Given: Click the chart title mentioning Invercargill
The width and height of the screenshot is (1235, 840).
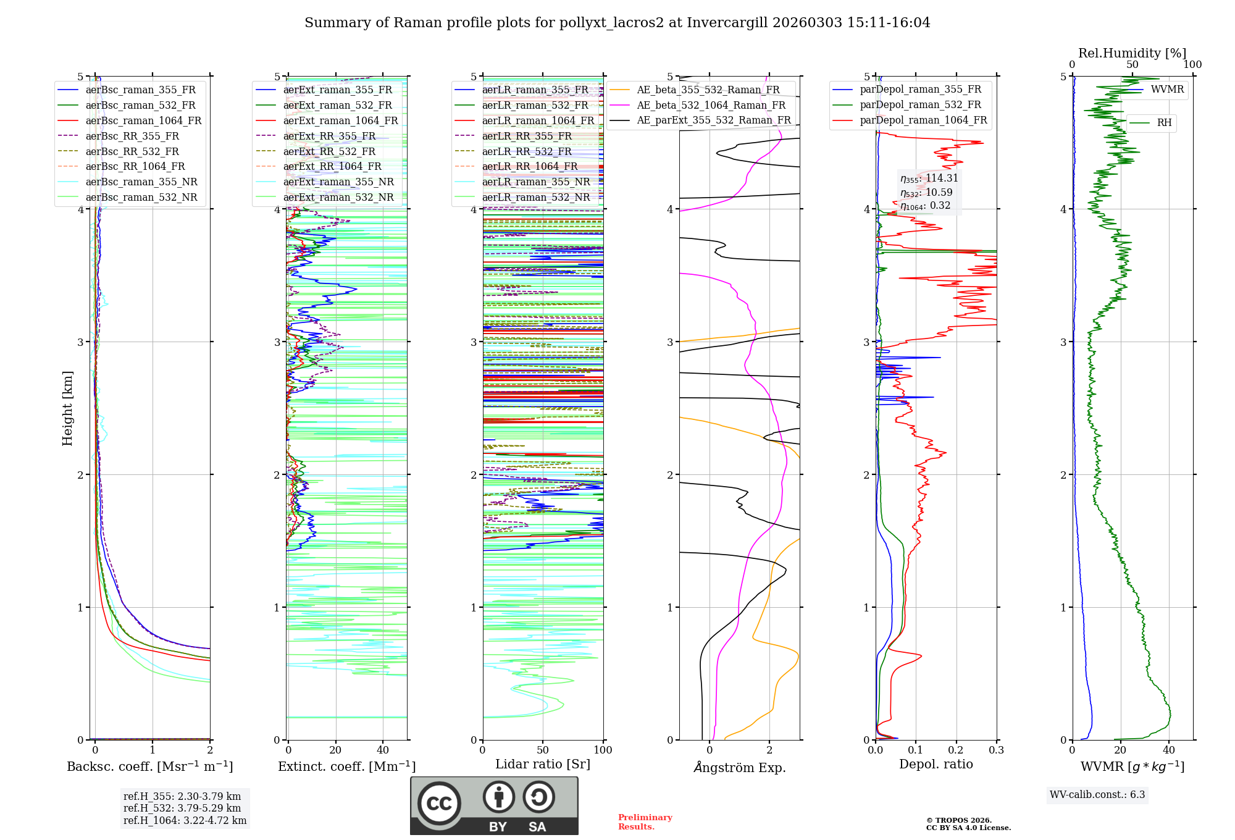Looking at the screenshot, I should (617, 23).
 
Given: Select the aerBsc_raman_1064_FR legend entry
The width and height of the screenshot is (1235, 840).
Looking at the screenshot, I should (143, 121).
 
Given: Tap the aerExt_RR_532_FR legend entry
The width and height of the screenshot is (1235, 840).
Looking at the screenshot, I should (329, 152).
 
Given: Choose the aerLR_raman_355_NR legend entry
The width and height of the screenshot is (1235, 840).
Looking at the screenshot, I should (535, 182).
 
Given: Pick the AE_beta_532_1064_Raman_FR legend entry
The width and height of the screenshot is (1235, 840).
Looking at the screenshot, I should (711, 106).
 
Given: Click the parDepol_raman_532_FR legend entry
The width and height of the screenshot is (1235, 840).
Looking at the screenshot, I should (920, 105).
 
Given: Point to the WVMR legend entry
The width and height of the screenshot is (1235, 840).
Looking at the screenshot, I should (1167, 90).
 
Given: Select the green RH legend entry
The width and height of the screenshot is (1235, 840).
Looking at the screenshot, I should (1164, 123).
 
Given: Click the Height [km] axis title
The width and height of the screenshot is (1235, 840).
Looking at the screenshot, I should (67, 408).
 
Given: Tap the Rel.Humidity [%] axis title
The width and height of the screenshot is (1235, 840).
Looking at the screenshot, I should (1132, 53).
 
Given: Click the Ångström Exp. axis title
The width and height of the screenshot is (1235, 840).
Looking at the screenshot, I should (740, 768).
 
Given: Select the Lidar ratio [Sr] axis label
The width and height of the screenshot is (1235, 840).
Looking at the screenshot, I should (543, 765).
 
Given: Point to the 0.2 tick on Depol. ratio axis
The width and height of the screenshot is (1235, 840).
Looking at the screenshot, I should (956, 750).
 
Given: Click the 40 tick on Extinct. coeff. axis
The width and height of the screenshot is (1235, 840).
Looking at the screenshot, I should (383, 750).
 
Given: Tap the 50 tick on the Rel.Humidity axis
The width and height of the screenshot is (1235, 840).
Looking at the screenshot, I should (1132, 65).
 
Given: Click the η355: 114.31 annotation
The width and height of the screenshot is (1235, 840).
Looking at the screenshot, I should (929, 178).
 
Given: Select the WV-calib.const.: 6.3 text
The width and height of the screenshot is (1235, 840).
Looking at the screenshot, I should (1097, 795).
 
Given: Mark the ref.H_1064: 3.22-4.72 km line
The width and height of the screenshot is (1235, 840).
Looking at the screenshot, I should (185, 821).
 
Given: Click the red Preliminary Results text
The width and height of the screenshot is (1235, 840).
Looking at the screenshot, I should (645, 822).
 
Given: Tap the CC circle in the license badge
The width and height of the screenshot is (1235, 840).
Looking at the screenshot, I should (439, 804).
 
